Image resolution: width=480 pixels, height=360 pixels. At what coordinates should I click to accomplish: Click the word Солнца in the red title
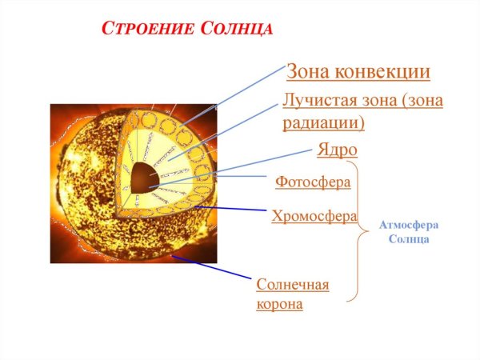236,30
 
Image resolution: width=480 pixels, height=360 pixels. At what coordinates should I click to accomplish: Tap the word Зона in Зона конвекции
309,72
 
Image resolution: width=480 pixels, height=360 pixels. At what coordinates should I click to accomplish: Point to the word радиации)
323,122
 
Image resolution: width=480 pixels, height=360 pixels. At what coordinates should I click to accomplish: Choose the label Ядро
337,150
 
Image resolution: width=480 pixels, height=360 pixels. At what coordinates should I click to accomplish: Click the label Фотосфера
313,182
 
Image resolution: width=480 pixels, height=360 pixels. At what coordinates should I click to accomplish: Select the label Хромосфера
314,216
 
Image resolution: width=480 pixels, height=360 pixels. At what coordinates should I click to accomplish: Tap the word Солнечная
293,285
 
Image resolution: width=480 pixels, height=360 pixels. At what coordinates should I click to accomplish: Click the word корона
279,305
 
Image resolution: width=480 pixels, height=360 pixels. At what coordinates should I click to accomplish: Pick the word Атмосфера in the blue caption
409,226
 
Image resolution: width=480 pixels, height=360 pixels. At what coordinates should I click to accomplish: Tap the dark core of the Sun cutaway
145,177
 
